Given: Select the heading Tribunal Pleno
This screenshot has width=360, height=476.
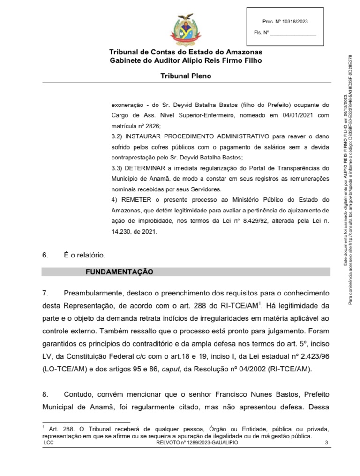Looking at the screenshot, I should (x=186, y=76).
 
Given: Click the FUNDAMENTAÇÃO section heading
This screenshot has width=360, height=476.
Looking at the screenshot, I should (x=119, y=272).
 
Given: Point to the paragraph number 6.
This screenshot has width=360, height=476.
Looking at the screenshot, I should (x=45, y=256).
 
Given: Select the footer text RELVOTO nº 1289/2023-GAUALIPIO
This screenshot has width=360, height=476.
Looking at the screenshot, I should (x=194, y=443).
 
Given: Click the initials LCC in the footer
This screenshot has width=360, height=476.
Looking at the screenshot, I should (x=48, y=443).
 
